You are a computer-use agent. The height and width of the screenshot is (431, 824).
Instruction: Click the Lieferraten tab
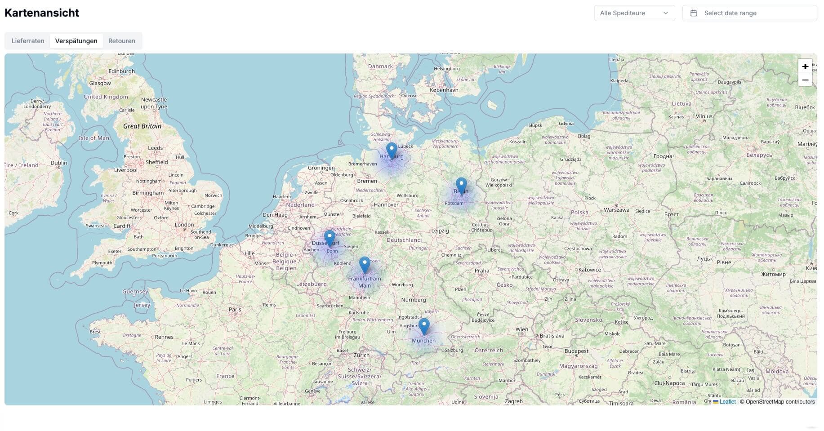coord(28,41)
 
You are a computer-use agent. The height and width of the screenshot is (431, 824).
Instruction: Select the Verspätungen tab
coord(76,41)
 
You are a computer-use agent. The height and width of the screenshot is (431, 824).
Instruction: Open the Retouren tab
coord(121,41)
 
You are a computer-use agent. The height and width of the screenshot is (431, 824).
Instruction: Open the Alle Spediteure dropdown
coord(634,13)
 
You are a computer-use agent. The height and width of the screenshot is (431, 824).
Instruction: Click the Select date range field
coord(749,13)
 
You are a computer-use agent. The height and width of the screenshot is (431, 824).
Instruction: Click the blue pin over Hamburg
coord(392,151)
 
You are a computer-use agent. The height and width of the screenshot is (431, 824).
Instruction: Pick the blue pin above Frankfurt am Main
coord(365,265)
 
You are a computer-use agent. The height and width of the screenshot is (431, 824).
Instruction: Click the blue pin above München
coord(424,326)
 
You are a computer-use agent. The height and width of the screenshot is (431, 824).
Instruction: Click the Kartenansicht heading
coord(42,13)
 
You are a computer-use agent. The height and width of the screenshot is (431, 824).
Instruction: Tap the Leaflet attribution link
coord(727,402)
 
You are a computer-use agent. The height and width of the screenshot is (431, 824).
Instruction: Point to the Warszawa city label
coord(616,210)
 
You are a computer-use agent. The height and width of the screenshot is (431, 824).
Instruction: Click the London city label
coord(184,225)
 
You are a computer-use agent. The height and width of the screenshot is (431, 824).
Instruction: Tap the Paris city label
coord(235,309)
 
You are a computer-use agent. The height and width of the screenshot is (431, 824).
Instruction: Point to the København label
coord(444,90)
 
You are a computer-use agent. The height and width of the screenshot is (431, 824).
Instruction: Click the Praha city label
coord(481,271)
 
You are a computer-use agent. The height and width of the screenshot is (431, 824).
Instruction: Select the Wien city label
coord(521,329)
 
